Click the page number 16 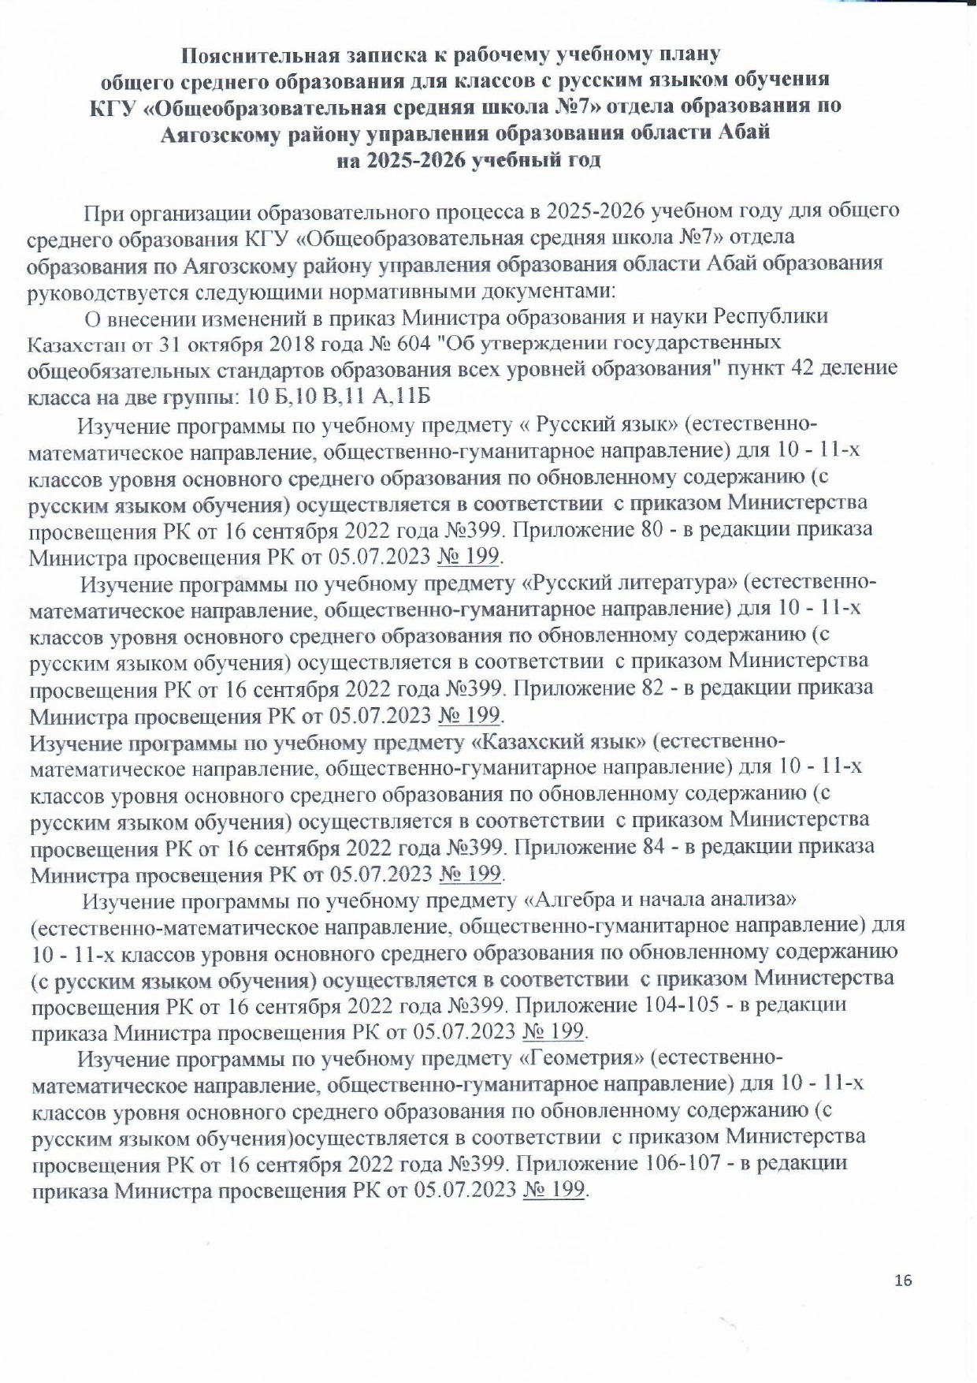(903, 1280)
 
